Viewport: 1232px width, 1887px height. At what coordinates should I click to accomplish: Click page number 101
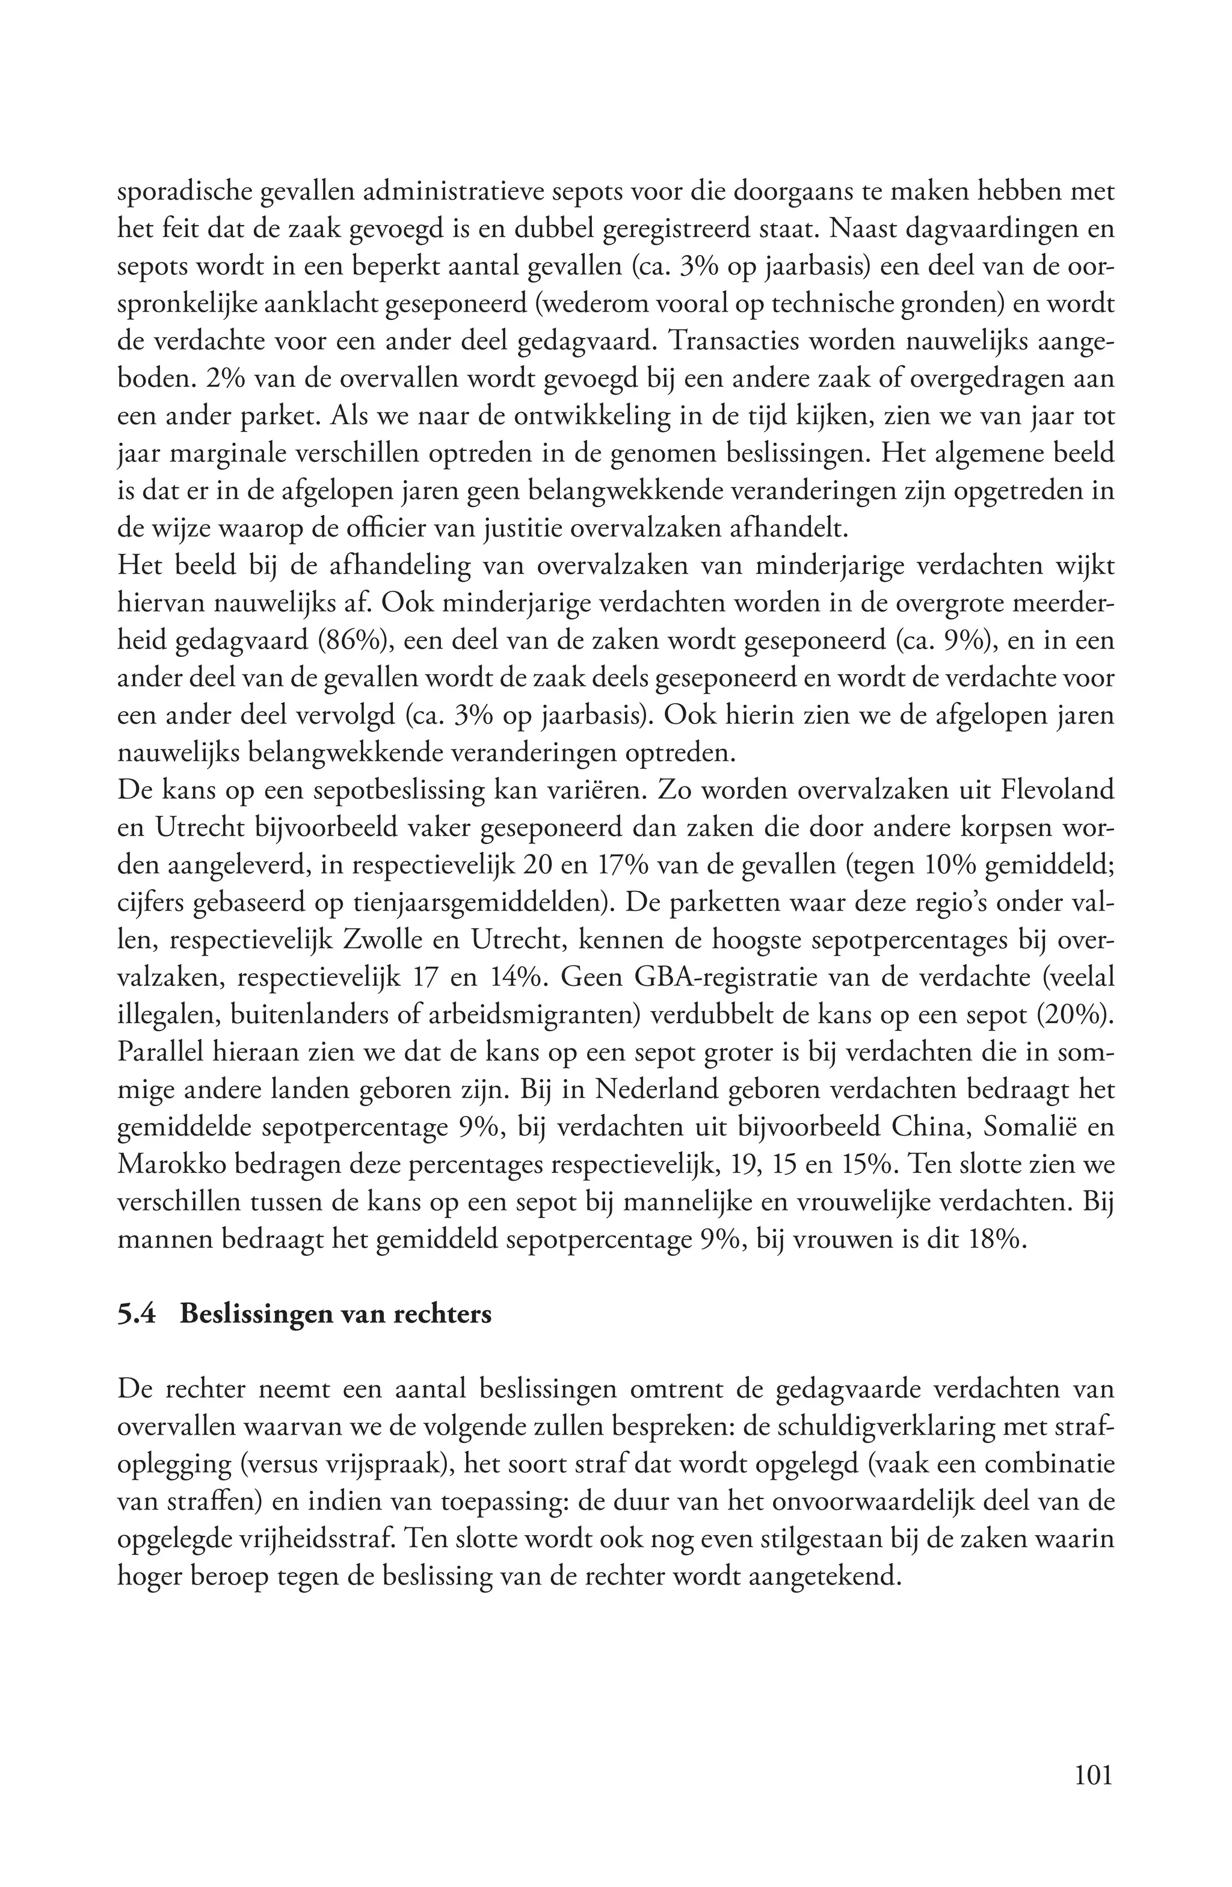(x=1093, y=1775)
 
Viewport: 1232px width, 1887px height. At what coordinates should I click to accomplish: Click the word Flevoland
(x=1058, y=790)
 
